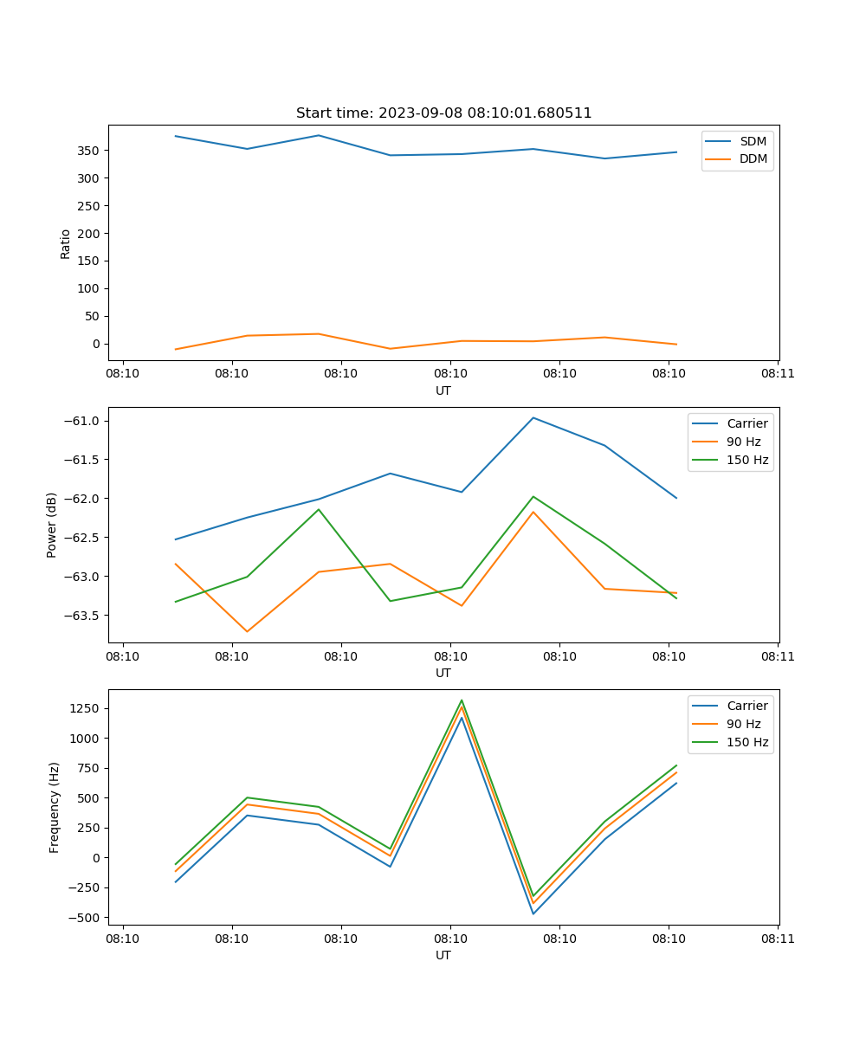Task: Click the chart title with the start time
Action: [x=443, y=113]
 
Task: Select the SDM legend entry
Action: [x=753, y=141]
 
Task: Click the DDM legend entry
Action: [x=753, y=158]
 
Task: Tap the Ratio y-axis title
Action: [x=66, y=243]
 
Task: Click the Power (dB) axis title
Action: [x=52, y=525]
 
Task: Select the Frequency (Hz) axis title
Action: [x=54, y=807]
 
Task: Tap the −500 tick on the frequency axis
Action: [x=87, y=918]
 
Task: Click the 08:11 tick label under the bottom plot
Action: [x=778, y=939]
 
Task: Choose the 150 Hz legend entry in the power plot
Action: [x=747, y=460]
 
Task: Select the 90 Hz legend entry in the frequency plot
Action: [x=744, y=724]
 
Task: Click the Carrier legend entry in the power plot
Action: [x=747, y=423]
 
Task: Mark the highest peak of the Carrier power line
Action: [x=533, y=417]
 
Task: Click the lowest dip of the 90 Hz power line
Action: [x=248, y=631]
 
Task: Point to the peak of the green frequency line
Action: [x=462, y=700]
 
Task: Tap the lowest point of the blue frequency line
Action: [x=533, y=913]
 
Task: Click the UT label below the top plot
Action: [x=443, y=390]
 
